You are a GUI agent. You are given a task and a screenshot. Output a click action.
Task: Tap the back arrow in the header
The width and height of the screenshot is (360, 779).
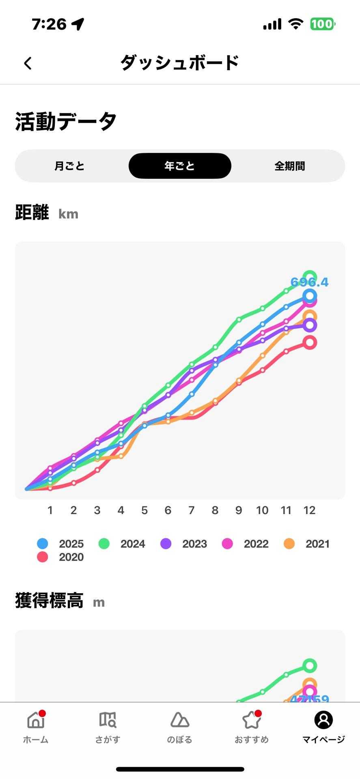pos(28,63)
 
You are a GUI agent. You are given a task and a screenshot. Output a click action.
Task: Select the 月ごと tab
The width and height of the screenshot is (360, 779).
pos(69,166)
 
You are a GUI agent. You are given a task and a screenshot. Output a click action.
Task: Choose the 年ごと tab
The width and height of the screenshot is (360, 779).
pos(180,166)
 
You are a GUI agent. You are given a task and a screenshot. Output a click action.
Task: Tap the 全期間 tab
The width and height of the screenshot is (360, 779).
pos(289,166)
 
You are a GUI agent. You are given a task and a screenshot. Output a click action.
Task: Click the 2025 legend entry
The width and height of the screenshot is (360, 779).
pos(60,544)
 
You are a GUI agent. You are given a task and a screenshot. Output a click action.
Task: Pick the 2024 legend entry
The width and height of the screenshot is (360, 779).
pos(122,544)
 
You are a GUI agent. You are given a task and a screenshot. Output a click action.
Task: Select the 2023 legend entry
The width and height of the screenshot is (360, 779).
pos(184,544)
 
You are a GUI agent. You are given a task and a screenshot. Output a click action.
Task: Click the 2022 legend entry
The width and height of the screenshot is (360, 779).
pos(246,544)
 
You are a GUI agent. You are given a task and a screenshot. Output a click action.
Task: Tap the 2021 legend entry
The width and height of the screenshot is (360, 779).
pos(307,544)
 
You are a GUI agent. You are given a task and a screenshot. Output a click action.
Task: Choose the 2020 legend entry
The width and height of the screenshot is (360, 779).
pos(60,557)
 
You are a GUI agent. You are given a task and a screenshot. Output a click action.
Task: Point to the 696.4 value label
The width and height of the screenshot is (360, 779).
pos(309,282)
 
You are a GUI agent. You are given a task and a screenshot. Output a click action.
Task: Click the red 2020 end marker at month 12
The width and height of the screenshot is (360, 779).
pos(310,342)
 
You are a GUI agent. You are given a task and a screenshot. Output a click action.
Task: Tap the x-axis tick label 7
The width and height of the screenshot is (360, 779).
pos(192,510)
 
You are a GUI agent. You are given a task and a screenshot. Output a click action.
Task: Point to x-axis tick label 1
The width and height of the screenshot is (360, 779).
pos(50,510)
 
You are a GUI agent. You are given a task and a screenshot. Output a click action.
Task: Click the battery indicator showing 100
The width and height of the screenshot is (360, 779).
pos(323,24)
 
